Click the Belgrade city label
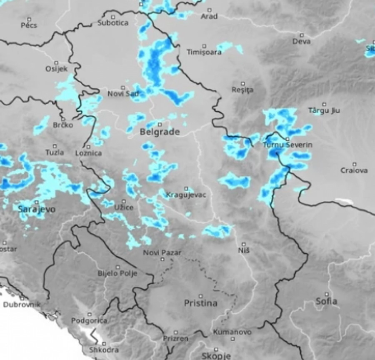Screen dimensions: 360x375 point(160,132)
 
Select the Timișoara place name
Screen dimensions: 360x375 point(204,52)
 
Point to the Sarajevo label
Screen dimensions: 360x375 point(37,209)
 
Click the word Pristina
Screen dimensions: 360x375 point(200,303)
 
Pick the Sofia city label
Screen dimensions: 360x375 point(326,301)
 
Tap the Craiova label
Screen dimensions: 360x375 point(354,170)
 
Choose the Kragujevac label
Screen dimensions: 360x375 point(186,195)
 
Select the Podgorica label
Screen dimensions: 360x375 point(89,320)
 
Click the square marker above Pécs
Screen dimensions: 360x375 point(29,19)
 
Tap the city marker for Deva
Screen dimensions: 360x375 point(302,35)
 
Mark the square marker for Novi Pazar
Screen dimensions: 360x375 point(162,259)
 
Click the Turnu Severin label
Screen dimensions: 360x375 point(287,145)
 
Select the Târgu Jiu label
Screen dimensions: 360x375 point(324,110)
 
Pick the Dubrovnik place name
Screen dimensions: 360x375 point(21,304)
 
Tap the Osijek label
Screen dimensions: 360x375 point(56,69)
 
